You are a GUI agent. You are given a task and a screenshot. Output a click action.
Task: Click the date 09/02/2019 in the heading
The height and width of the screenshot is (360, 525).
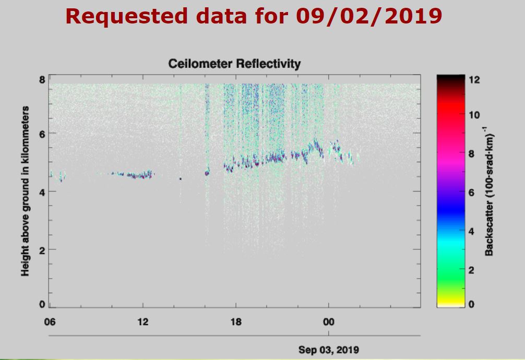click(x=369, y=16)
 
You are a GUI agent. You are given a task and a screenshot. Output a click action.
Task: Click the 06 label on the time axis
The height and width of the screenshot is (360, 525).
click(x=50, y=322)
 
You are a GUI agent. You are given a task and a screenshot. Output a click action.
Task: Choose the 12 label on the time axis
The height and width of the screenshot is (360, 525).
click(x=142, y=322)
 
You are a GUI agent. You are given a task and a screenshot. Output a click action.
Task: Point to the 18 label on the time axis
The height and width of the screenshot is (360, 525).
click(x=236, y=322)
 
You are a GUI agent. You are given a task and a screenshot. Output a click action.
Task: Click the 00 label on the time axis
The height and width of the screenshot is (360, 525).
click(x=329, y=322)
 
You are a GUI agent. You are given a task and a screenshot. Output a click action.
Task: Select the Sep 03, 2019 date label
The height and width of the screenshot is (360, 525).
click(x=329, y=349)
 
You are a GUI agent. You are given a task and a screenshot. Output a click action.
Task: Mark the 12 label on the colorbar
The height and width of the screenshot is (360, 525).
click(x=474, y=80)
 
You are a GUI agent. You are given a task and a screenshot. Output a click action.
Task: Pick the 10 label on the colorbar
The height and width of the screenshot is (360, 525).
click(x=474, y=115)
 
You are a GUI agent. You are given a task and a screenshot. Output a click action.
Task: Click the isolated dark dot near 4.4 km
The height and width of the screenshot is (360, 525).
click(x=181, y=178)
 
